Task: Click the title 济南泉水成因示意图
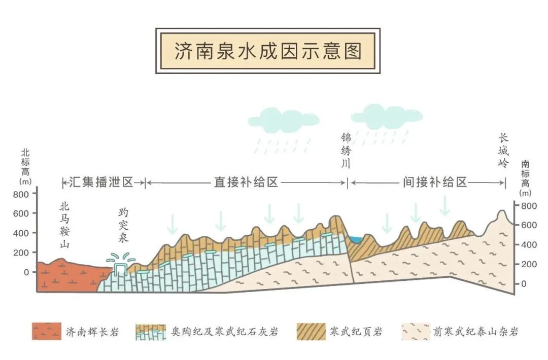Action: pos(268,51)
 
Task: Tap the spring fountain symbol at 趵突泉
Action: pos(121,263)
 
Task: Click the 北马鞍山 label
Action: pos(64,225)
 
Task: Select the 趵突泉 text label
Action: pos(123,225)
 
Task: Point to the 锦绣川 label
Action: pos(346,150)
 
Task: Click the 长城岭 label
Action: pos(503,151)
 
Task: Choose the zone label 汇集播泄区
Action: pos(101,182)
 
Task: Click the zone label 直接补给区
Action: pos(246,182)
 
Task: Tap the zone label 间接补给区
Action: pos(435,182)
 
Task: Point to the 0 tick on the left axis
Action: pos(26,272)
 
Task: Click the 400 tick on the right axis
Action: pos(529,245)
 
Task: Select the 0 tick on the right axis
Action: pos(524,284)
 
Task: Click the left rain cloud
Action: pos(284,120)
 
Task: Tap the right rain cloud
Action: pos(387,117)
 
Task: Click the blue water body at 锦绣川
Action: pos(356,239)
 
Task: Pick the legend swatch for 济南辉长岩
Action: pos(47,332)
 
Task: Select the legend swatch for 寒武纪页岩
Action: pos(311,332)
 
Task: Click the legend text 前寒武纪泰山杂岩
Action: pos(475,332)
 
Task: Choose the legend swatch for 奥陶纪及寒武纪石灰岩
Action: pos(151,332)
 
